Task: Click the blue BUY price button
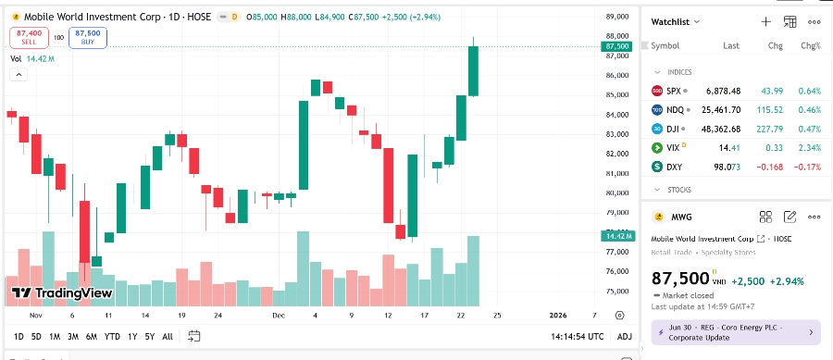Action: (88, 37)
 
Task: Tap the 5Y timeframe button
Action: (149, 336)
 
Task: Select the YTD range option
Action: (112, 336)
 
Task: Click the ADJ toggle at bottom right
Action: (625, 336)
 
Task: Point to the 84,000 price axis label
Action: (617, 115)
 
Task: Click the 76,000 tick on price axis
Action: (617, 271)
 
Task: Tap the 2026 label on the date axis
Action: (558, 315)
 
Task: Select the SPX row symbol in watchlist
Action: (673, 91)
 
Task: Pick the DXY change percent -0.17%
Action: (809, 167)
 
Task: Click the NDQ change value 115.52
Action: (770, 109)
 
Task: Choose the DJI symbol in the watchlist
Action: (673, 129)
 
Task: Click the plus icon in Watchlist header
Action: (765, 21)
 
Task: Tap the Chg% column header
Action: (811, 45)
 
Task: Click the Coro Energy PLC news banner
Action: (736, 331)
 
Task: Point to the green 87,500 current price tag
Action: (616, 46)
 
